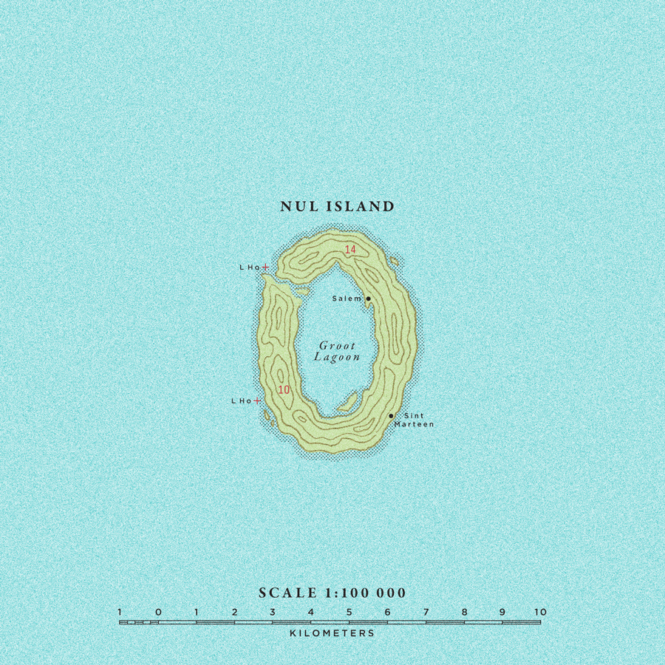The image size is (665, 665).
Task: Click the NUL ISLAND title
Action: pyautogui.click(x=338, y=207)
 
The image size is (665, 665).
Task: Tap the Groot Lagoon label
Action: pyautogui.click(x=337, y=352)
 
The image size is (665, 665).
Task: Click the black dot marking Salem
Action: pyautogui.click(x=368, y=299)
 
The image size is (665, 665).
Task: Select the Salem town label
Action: pyautogui.click(x=347, y=299)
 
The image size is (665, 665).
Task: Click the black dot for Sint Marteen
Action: pyautogui.click(x=391, y=416)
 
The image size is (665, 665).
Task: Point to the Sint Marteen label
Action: pyautogui.click(x=414, y=420)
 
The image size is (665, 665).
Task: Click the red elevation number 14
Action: pyautogui.click(x=350, y=250)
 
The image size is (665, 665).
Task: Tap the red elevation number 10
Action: pyautogui.click(x=284, y=389)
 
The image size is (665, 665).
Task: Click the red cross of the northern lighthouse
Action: pyautogui.click(x=265, y=267)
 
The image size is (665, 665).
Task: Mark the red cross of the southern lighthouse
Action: pyautogui.click(x=256, y=400)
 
